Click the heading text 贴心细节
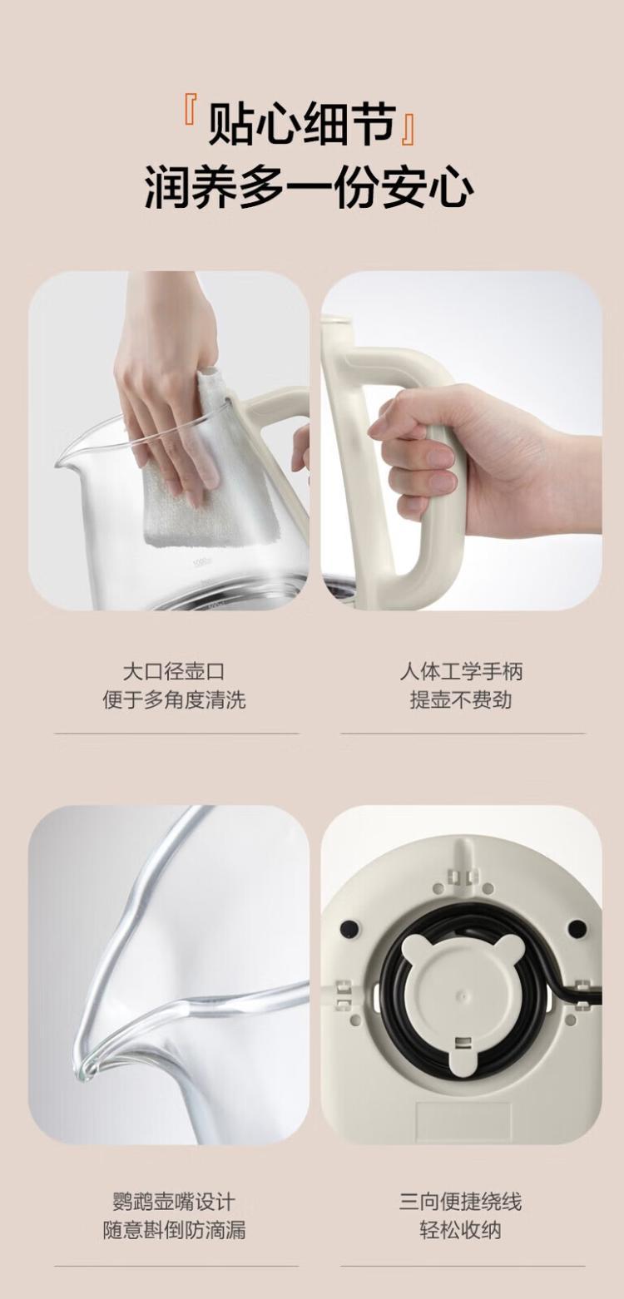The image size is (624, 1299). click(x=302, y=123)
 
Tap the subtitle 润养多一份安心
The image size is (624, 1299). click(x=310, y=186)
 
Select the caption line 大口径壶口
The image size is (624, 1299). click(x=174, y=671)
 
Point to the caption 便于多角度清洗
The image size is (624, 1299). click(x=174, y=699)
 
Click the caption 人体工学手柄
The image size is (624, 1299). click(x=461, y=671)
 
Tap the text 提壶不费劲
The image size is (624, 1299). click(x=461, y=699)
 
